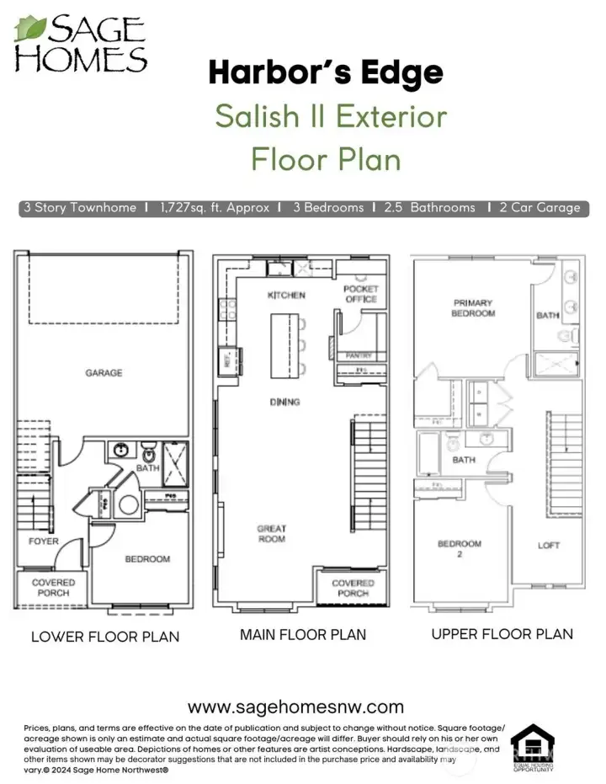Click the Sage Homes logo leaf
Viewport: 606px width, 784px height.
click(x=31, y=30)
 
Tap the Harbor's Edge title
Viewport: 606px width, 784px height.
click(x=326, y=72)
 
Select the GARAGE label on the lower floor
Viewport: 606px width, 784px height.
click(x=104, y=372)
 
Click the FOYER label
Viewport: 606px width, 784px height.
click(x=44, y=541)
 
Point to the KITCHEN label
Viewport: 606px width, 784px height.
click(x=286, y=296)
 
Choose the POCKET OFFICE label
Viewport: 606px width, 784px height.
click(x=361, y=294)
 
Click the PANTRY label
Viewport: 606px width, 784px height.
click(x=359, y=356)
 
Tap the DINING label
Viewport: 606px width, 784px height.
click(x=285, y=402)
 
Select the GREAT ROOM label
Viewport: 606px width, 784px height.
click(x=272, y=534)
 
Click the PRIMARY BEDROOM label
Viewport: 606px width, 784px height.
click(x=473, y=307)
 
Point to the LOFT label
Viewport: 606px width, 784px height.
click(x=549, y=545)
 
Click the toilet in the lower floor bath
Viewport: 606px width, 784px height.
click(x=148, y=448)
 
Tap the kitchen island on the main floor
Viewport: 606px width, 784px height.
click(x=284, y=346)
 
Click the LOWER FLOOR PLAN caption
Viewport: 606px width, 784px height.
click(x=105, y=637)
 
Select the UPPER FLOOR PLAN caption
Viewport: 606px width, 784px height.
click(x=502, y=634)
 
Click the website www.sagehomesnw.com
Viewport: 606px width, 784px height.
click(x=295, y=707)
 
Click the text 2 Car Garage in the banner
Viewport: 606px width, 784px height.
click(x=540, y=207)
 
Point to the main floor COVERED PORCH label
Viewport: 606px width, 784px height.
click(x=353, y=588)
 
